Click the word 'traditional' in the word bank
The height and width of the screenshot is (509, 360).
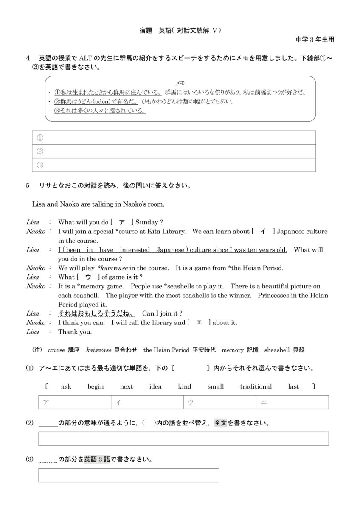[x=256, y=386]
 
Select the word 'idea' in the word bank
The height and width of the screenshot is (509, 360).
[x=155, y=386]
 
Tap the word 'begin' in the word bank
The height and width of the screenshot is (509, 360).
[x=96, y=386]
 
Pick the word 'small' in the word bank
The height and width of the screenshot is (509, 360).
[x=216, y=386]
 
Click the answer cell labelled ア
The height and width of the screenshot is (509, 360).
[x=75, y=402]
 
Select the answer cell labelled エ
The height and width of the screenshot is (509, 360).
[x=292, y=402]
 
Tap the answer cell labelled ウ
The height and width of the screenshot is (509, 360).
[x=219, y=402]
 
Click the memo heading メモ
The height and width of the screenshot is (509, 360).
[x=180, y=83]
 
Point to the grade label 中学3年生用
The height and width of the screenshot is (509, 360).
[x=315, y=39]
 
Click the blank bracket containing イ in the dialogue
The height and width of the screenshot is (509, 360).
[x=263, y=232]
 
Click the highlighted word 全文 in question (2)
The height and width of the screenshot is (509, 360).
[x=221, y=423]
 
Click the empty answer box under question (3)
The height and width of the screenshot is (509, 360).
[x=129, y=475]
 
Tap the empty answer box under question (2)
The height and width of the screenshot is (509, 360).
[x=183, y=439]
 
